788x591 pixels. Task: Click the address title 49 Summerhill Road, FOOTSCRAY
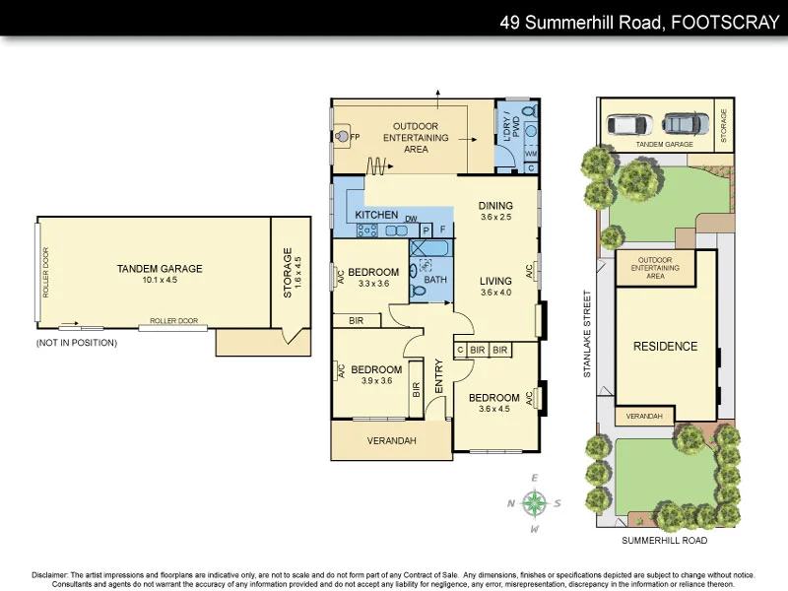tap(639, 20)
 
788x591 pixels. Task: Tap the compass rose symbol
tap(535, 503)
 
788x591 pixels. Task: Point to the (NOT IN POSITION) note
tap(76, 343)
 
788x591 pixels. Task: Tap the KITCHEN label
tap(375, 215)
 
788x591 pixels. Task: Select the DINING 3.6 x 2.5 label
tap(496, 211)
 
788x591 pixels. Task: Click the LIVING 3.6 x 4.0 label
tap(496, 286)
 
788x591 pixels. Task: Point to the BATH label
tap(434, 280)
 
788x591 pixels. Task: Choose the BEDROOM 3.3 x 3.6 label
tap(373, 277)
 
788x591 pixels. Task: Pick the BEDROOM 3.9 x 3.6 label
tap(377, 374)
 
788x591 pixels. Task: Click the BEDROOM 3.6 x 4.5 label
tap(493, 404)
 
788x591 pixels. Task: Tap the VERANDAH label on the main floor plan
tap(391, 439)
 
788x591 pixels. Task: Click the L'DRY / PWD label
tap(507, 132)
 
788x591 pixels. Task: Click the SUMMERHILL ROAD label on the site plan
tap(665, 541)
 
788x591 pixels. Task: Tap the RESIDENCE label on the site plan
tap(665, 347)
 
